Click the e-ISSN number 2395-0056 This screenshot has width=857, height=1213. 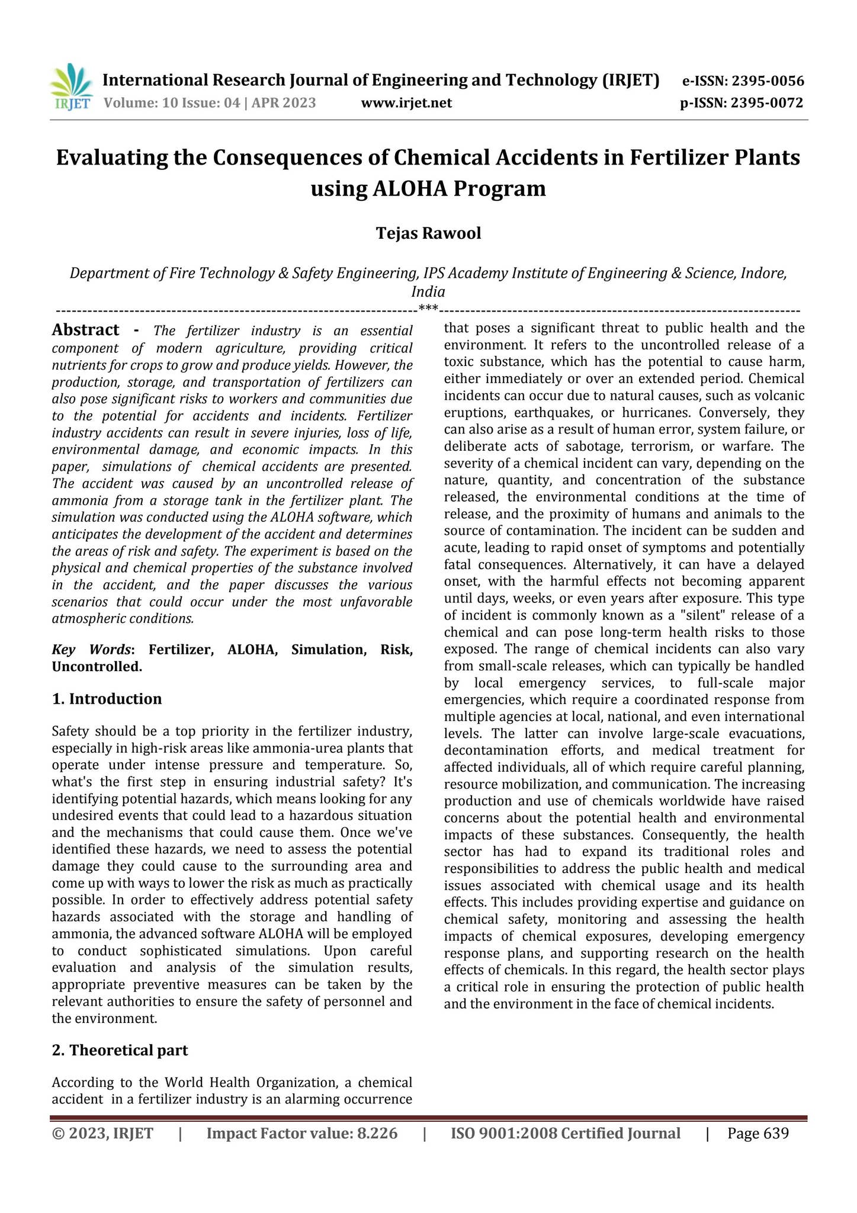pos(768,81)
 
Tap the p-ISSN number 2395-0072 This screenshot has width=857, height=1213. pos(767,103)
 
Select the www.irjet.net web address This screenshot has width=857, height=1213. pos(406,104)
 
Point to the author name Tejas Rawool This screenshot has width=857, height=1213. pos(428,233)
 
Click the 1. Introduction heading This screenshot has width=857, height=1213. pos(107,699)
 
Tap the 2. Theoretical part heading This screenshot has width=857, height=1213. pos(120,1050)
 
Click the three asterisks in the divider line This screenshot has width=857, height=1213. pos(428,308)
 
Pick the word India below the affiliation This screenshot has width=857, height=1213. pos(428,291)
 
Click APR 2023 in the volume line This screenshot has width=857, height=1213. pos(284,104)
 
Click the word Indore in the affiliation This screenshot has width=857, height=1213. pos(766,273)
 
